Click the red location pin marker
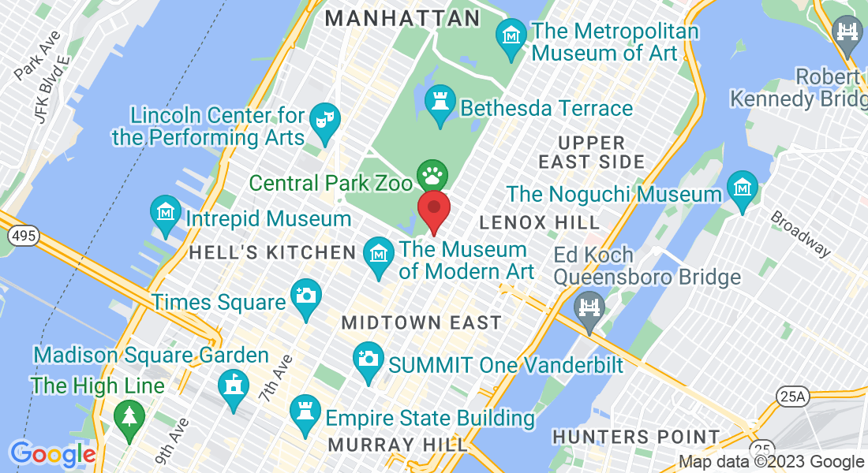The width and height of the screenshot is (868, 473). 433,208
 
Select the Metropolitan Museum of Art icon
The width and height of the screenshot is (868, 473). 511,35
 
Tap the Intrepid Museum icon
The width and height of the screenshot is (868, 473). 166,212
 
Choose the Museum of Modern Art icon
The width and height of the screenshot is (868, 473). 379,255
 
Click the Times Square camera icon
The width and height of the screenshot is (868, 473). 305,296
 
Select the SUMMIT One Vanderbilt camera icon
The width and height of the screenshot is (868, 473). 368,358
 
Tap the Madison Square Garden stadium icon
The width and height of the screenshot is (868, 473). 233,385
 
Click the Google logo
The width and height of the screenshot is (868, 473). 52,455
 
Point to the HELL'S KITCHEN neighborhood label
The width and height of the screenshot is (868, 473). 273,253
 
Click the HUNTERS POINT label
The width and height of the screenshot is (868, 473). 636,437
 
